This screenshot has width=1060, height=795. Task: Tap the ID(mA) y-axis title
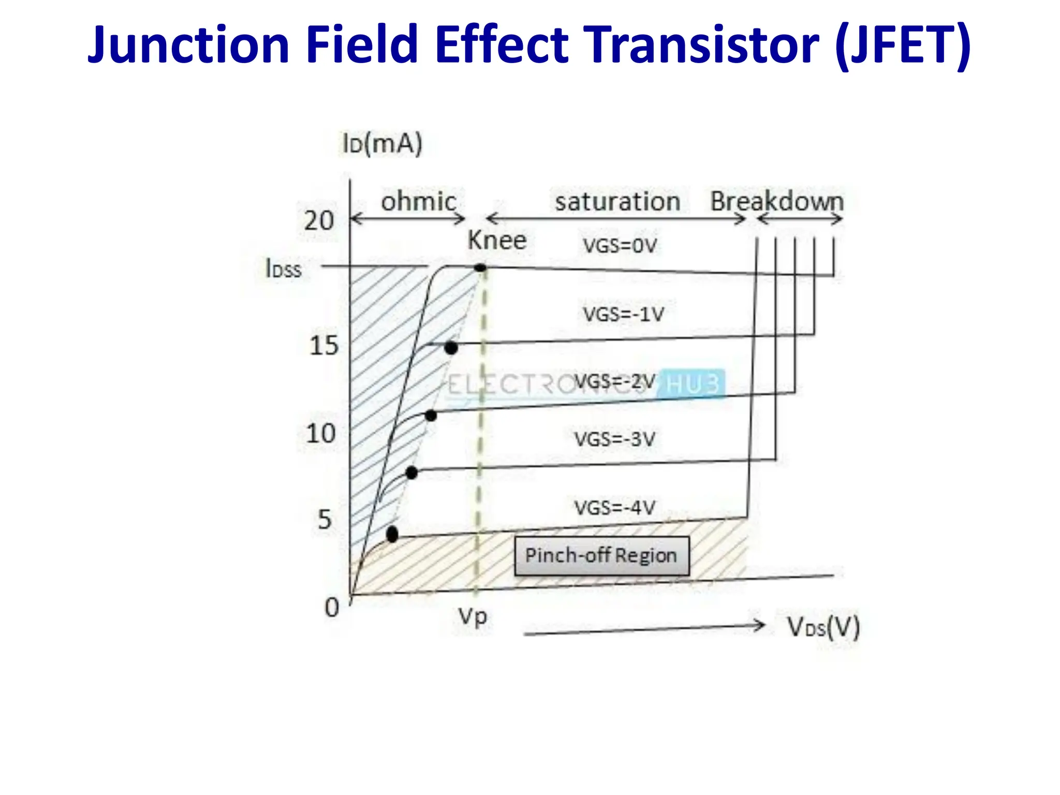(382, 143)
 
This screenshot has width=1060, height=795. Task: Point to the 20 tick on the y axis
(318, 221)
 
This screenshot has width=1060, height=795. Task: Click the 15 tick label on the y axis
(323, 345)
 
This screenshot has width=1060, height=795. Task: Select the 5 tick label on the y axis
(325, 519)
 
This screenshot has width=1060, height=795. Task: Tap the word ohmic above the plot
(419, 201)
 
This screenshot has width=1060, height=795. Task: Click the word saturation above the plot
(617, 201)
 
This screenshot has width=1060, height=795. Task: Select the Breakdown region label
(776, 201)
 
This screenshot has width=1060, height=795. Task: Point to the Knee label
(497, 240)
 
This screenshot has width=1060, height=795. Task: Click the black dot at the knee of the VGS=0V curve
(480, 268)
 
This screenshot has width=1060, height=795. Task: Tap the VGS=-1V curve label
(623, 314)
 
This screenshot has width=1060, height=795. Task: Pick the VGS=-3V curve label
(614, 439)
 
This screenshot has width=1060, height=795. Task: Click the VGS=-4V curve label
(614, 507)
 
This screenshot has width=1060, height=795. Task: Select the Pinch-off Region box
(601, 556)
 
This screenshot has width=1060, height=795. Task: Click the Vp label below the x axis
(473, 616)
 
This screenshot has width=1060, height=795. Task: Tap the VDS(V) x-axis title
(823, 627)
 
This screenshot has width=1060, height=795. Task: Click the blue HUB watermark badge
(693, 384)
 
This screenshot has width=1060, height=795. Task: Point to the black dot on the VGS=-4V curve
(392, 534)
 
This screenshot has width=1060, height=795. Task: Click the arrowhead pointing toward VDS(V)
(760, 625)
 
